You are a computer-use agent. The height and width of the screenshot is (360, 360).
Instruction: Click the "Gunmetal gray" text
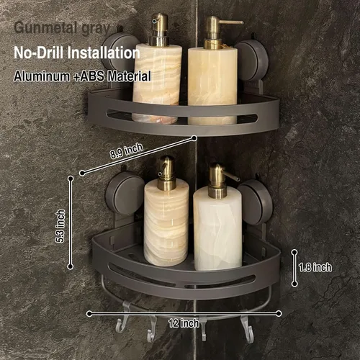pos(62,29)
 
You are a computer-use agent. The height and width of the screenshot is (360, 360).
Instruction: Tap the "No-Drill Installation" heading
pos(77,53)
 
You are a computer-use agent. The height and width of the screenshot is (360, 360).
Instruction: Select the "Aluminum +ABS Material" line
pos(82,76)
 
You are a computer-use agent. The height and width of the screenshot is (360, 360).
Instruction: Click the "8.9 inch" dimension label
pos(127,150)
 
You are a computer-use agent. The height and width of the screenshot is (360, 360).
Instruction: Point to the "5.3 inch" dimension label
pos(60,226)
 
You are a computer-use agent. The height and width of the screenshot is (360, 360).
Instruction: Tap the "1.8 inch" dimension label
pos(315,267)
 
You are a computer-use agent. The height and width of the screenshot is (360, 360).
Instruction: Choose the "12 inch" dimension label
pos(184,323)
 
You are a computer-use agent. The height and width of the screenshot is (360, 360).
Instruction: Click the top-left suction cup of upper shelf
pos(117,52)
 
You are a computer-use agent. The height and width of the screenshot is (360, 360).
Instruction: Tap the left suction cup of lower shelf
pos(125,193)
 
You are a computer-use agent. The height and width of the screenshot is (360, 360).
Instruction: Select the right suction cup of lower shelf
pos(256,202)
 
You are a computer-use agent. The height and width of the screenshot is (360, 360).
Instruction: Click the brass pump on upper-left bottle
pos(158,30)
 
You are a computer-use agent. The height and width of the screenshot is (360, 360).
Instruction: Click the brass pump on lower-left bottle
pos(166,174)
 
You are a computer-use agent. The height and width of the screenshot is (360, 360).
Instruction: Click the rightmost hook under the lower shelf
pos(247,326)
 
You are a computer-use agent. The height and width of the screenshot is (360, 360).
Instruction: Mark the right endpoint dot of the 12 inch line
pos(279,313)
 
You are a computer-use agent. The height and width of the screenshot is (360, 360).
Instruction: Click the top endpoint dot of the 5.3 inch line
pos(71,179)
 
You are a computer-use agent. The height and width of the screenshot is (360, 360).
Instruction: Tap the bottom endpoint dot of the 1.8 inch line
pos(294,284)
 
